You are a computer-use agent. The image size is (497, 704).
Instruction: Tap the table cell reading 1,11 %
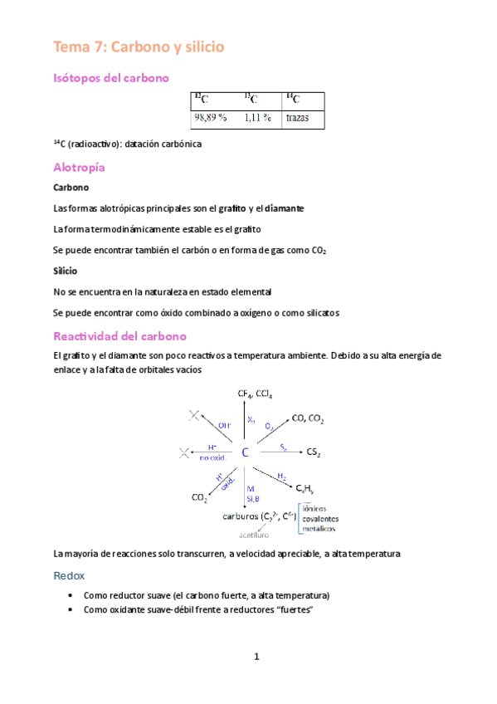(x=257, y=118)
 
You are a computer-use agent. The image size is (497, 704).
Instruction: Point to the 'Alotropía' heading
(x=79, y=167)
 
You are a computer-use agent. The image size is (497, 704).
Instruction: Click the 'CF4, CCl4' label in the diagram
(x=254, y=394)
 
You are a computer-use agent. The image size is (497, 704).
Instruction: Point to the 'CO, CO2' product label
(x=308, y=419)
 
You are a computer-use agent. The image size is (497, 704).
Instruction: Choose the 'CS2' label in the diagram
(x=313, y=453)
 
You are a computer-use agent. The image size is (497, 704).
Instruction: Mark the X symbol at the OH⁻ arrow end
(x=194, y=415)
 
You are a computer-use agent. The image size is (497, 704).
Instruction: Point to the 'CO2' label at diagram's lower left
(x=200, y=498)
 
